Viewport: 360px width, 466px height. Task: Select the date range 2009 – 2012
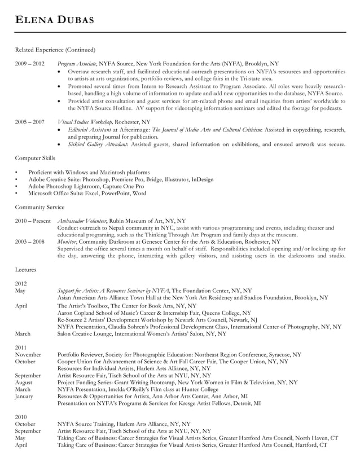click(x=29, y=64)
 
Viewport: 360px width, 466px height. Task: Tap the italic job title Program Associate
click(x=77, y=64)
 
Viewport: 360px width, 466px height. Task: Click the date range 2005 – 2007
click(x=29, y=122)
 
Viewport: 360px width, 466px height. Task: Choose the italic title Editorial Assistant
click(x=87, y=129)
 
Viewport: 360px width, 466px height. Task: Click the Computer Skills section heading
click(x=35, y=159)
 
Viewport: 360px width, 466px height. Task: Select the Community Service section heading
click(x=39, y=207)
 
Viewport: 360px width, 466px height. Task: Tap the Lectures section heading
click(x=25, y=270)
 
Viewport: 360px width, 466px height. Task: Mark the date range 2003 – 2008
click(x=29, y=241)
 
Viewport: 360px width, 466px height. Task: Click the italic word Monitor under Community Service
click(x=67, y=241)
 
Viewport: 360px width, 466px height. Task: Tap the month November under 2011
click(x=28, y=355)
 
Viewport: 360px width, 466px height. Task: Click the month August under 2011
click(x=24, y=382)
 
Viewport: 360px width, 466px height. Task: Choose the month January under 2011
click(x=25, y=396)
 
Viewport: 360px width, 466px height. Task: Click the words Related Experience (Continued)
click(x=55, y=50)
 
